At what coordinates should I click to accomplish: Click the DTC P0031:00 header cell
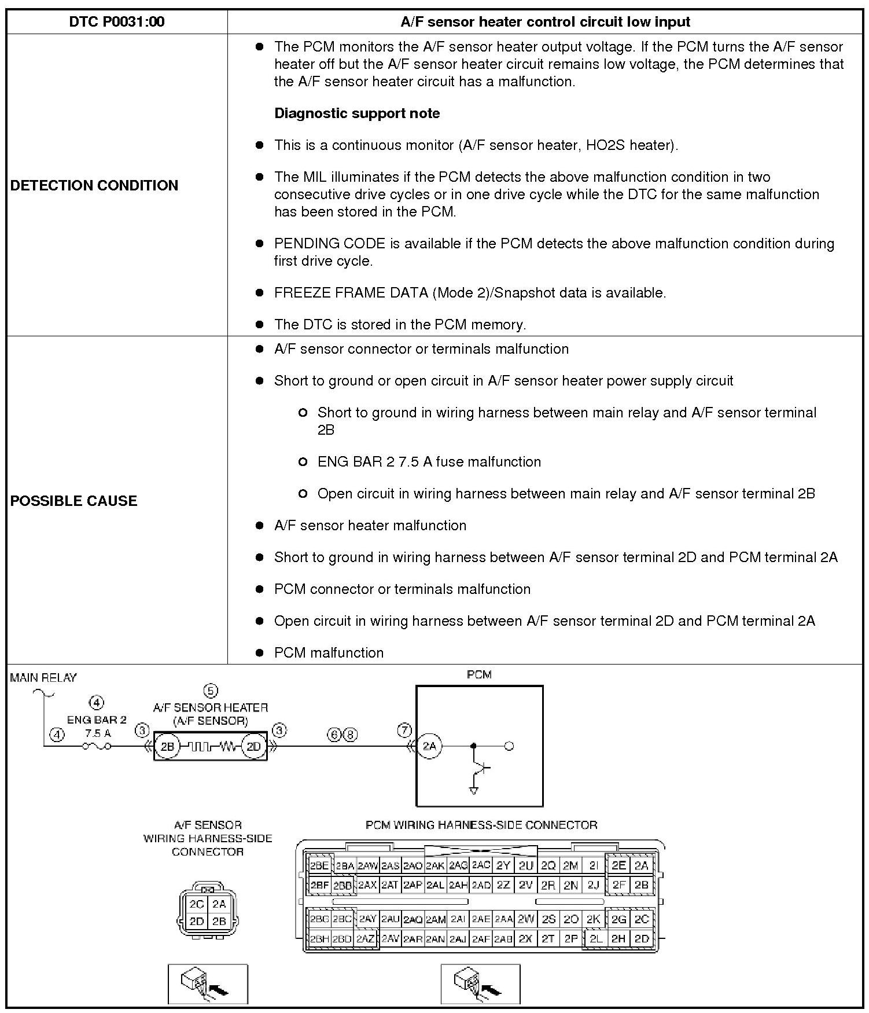point(116,22)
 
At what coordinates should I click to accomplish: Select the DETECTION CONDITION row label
point(94,185)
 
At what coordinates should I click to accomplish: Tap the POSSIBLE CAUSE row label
point(73,501)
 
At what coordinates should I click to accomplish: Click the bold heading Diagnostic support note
point(357,113)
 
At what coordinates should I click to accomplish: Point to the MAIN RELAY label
point(43,678)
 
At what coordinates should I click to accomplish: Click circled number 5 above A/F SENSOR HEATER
point(211,691)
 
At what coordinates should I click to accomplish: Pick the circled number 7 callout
point(404,731)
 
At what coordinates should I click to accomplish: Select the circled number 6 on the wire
point(334,735)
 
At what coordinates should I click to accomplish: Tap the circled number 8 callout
point(351,735)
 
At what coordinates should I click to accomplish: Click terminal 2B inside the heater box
point(167,747)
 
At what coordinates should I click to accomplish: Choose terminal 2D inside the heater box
point(253,747)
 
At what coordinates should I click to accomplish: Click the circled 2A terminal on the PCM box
point(429,746)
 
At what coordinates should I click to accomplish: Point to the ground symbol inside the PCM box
point(474,790)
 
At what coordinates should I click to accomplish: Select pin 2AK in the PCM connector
point(434,866)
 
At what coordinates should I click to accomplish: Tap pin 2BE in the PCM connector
point(319,865)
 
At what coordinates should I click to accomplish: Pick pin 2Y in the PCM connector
point(503,865)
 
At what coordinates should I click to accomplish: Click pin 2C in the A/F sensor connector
point(196,904)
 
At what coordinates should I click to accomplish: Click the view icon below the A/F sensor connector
point(208,983)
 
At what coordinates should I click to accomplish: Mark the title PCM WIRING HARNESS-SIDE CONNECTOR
point(481,825)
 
